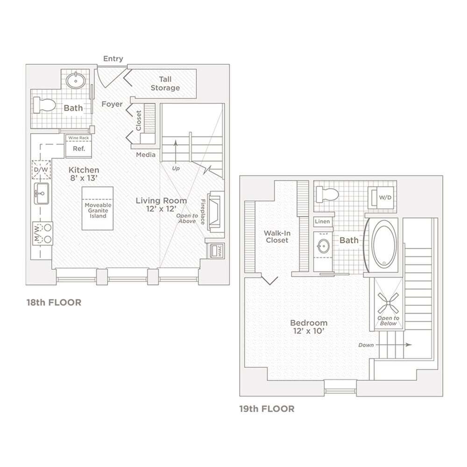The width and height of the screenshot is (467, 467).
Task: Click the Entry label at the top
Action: tap(113, 58)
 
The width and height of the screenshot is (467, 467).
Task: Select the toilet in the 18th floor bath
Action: tap(46, 105)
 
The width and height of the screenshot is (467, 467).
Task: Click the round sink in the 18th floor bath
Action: tap(75, 81)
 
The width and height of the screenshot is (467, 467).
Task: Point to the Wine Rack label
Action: tap(78, 138)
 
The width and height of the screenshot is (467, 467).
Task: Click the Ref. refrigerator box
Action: tap(78, 148)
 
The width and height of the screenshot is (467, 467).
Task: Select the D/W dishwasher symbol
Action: tap(40, 170)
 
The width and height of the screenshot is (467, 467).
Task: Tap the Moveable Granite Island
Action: tap(98, 208)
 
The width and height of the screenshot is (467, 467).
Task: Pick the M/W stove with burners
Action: tap(42, 233)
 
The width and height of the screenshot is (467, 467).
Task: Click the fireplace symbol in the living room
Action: tap(216, 211)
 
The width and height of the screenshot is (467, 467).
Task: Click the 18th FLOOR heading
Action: tap(54, 303)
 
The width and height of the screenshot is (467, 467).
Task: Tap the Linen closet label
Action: tap(322, 221)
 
